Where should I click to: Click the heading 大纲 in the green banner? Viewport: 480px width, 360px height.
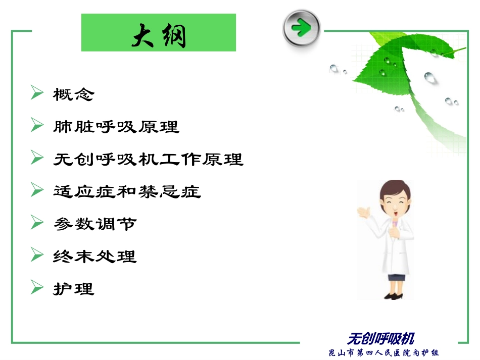(x=159, y=35)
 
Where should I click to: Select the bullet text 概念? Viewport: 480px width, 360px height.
(x=74, y=94)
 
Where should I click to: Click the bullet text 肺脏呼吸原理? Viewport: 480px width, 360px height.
(x=116, y=126)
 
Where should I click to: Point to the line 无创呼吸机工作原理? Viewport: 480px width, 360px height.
(x=148, y=159)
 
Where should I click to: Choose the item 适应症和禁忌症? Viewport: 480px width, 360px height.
(x=127, y=191)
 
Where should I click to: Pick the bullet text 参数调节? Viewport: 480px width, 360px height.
(x=95, y=224)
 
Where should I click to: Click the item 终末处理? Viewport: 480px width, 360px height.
(x=95, y=256)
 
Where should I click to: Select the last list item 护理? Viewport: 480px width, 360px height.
(x=74, y=289)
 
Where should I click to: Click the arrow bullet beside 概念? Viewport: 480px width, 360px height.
(x=37, y=93)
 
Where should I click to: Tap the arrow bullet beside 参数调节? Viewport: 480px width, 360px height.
(x=37, y=223)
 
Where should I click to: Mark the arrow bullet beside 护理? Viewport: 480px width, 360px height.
(x=37, y=288)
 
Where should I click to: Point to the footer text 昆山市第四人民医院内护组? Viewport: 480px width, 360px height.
(x=384, y=352)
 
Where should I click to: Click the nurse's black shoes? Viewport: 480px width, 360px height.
(x=395, y=295)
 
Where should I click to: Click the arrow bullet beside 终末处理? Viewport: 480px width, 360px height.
(x=37, y=255)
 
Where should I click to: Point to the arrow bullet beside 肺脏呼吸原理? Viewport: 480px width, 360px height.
(x=37, y=125)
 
